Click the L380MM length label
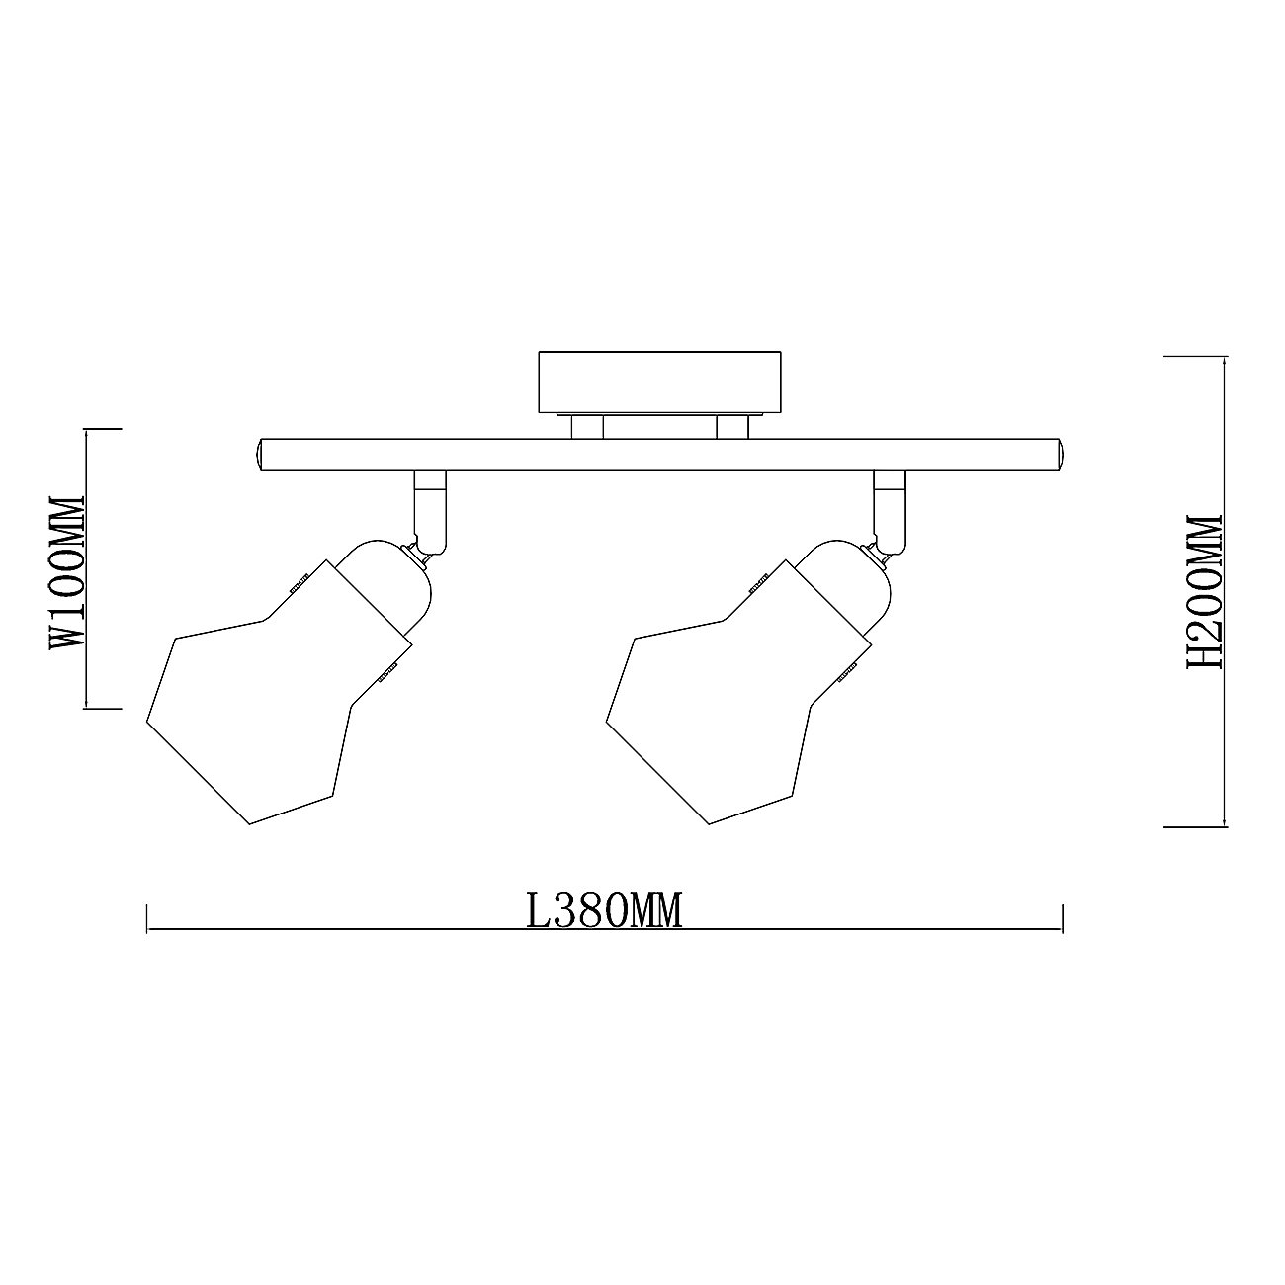point(604,910)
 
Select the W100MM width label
point(68,571)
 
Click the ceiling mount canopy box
point(659,382)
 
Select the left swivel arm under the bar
point(430,511)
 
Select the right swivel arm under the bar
point(891,511)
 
